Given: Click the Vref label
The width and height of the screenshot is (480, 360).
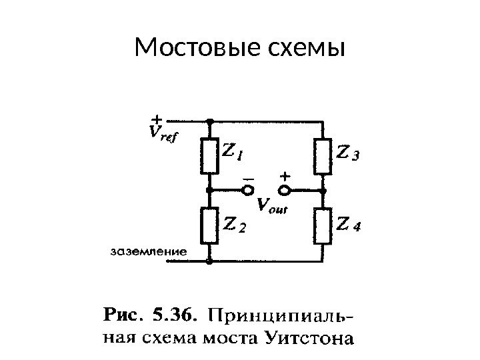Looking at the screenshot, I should coord(162,135).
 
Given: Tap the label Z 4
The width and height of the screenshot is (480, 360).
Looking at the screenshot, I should coord(348,225).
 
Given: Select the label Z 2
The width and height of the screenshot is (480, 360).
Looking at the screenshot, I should coord(234,226).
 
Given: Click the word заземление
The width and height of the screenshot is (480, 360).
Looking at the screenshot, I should coord(147,252).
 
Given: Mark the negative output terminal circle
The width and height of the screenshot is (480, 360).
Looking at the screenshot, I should coord(247,191).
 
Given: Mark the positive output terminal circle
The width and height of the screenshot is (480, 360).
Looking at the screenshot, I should coord(285,191).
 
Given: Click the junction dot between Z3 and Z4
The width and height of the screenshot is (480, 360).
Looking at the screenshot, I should coord(323,191).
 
